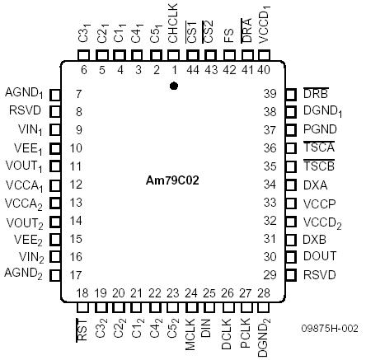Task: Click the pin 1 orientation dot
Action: point(173,85)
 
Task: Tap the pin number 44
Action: point(191,69)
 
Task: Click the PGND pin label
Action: point(319,129)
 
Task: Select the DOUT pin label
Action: point(319,256)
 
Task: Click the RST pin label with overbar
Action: point(82,331)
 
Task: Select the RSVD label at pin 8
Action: point(25,111)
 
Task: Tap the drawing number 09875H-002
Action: point(330,328)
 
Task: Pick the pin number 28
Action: point(264,292)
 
